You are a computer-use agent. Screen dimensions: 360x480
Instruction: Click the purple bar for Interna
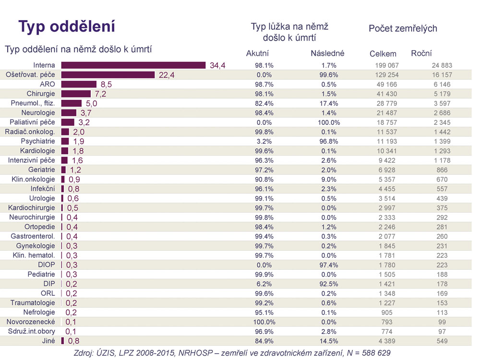point(133,65)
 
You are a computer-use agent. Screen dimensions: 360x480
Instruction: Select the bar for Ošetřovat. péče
point(108,75)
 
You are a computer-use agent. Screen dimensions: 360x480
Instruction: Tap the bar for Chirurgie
point(76,94)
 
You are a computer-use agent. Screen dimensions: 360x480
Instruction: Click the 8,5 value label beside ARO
point(106,84)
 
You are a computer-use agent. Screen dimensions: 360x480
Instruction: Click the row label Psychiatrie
point(38,141)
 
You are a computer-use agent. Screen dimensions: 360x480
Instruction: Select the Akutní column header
point(257,53)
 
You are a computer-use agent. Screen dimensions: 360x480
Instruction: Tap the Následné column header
point(328,53)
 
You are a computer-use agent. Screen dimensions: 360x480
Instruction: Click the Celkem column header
point(383,54)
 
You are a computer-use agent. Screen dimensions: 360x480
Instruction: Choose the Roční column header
point(421,53)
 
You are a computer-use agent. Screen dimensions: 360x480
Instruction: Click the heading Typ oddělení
point(67,26)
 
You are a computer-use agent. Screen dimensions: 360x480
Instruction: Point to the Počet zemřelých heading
point(403,28)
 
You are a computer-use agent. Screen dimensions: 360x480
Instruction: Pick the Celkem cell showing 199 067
point(386,65)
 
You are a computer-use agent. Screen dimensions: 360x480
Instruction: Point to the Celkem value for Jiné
point(388,341)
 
